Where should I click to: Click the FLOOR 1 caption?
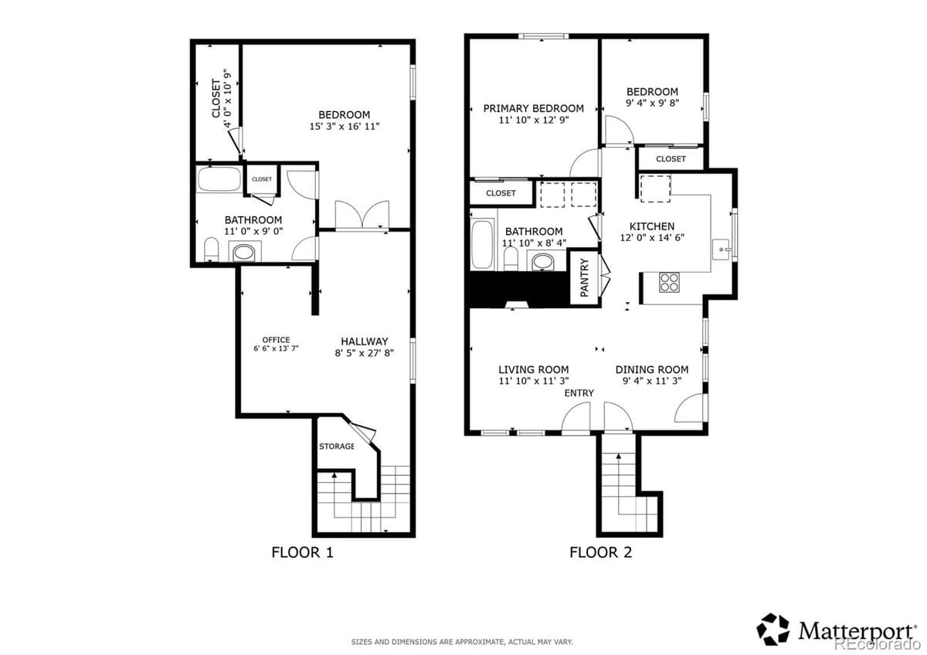coord(302,552)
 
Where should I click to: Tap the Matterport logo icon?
coord(772,629)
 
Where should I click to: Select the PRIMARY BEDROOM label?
coord(533,108)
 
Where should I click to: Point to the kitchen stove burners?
coord(669,283)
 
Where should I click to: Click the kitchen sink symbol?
coord(721,249)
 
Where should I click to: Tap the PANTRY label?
coord(584,278)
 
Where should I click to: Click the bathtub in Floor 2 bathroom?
coord(483,245)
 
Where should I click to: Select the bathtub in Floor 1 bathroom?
coord(219,179)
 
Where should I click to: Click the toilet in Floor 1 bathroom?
coord(211,249)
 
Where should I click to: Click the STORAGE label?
coord(337,446)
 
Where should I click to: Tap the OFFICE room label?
coord(276,340)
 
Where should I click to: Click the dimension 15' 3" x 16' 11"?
coord(344,126)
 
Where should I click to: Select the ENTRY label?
coord(579,393)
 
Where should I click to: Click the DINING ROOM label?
coord(651,369)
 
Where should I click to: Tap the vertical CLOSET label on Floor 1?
coord(216,99)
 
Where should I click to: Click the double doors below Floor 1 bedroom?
coord(362,216)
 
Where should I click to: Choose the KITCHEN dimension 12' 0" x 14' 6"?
coord(652,238)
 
